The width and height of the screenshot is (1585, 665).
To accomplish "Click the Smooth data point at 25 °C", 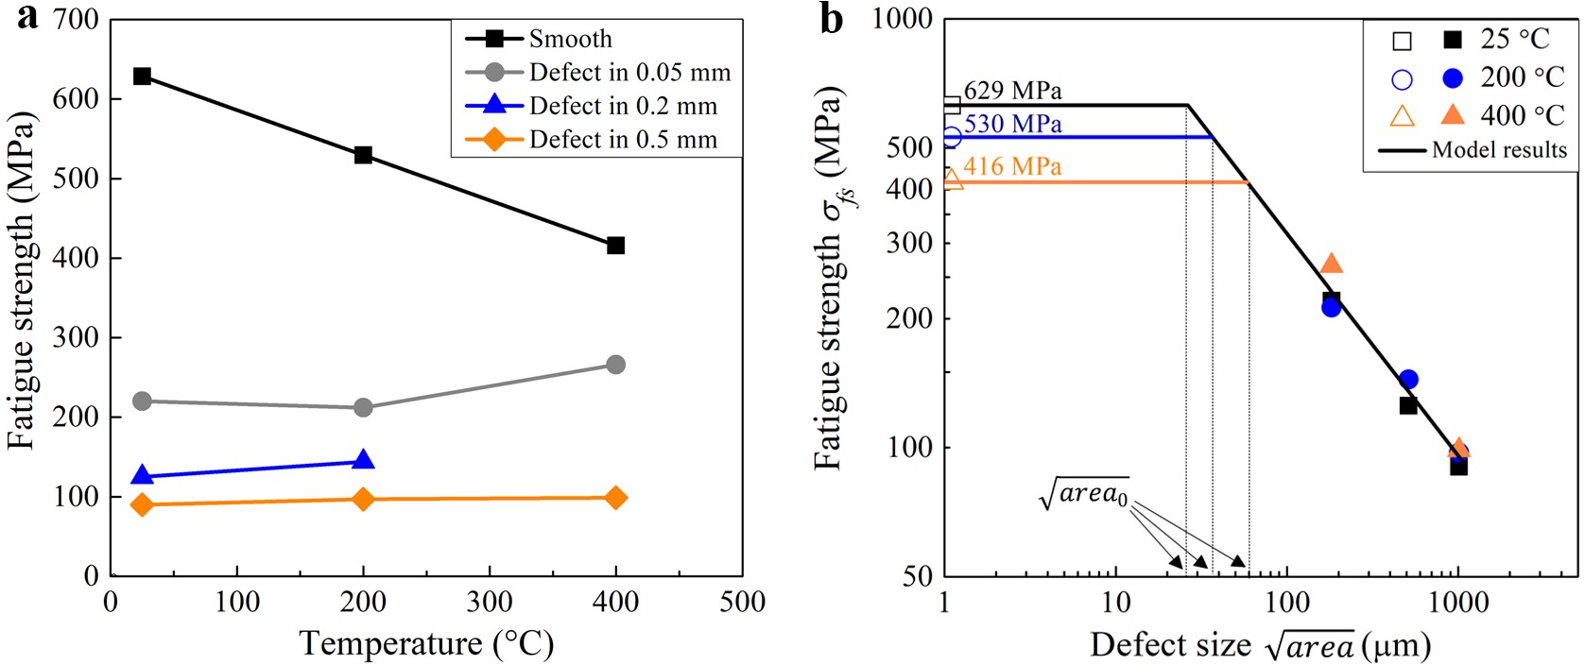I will pyautogui.click(x=142, y=76).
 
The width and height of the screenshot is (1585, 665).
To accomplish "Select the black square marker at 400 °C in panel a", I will pyautogui.click(x=615, y=246).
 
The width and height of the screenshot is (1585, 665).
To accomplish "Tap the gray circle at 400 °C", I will pyautogui.click(x=615, y=365).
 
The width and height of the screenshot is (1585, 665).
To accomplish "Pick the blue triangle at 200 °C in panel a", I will pyautogui.click(x=363, y=460).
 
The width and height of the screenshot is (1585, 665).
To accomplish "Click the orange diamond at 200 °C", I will pyautogui.click(x=363, y=499).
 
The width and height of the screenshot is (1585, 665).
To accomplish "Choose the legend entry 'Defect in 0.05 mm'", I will pyautogui.click(x=629, y=73).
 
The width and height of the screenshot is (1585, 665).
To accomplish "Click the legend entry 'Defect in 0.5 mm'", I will pyautogui.click(x=623, y=140).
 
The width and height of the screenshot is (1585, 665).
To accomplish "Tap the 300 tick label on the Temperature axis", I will pyautogui.click(x=490, y=602).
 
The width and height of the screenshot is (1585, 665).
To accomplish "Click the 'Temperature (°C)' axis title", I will pyautogui.click(x=426, y=644).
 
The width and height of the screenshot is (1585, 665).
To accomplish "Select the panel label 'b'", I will pyautogui.click(x=832, y=19).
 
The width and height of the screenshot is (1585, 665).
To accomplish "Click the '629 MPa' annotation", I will pyautogui.click(x=1012, y=91).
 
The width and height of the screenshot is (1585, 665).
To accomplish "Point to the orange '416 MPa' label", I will pyautogui.click(x=1012, y=166).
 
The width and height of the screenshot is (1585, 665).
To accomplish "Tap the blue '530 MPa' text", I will pyautogui.click(x=1012, y=124).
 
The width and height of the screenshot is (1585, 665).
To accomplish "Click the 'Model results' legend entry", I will pyautogui.click(x=1499, y=150).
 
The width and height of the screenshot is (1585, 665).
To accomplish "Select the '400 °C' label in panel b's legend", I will pyautogui.click(x=1522, y=115).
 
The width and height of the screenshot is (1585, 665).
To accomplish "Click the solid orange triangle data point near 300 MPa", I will pyautogui.click(x=1332, y=264).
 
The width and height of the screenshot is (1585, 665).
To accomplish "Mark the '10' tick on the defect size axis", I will pyautogui.click(x=1116, y=602).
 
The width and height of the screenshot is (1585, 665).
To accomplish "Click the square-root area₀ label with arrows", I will pyautogui.click(x=1084, y=493).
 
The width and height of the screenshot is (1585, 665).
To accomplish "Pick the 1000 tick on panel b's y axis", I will pyautogui.click(x=902, y=19).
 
